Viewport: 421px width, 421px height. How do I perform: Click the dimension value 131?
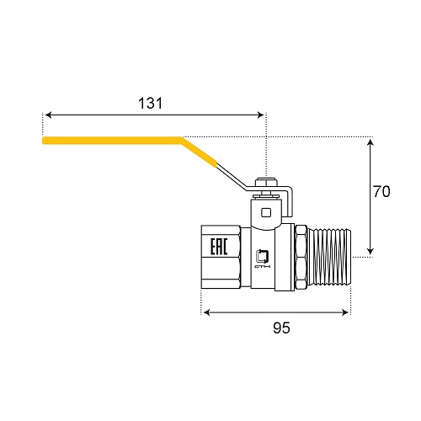click(x=150, y=103)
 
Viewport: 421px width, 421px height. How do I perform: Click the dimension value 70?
click(x=381, y=192)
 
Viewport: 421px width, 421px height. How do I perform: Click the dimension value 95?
click(x=281, y=328)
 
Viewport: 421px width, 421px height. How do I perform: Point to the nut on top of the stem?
click(x=265, y=184)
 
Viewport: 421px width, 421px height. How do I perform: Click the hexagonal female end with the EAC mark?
click(x=221, y=256)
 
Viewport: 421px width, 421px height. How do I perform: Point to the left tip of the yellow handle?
click(x=45, y=141)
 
